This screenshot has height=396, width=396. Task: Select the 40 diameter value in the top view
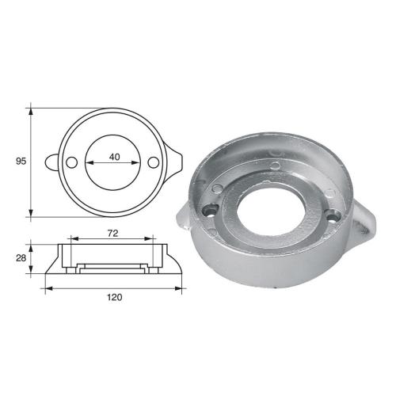pyautogui.click(x=115, y=157)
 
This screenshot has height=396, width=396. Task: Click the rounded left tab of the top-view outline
pyautogui.click(x=51, y=162)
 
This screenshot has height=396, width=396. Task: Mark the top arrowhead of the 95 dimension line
pyautogui.click(x=31, y=108)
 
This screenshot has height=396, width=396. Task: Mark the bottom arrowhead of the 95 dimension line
pyautogui.click(x=31, y=214)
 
